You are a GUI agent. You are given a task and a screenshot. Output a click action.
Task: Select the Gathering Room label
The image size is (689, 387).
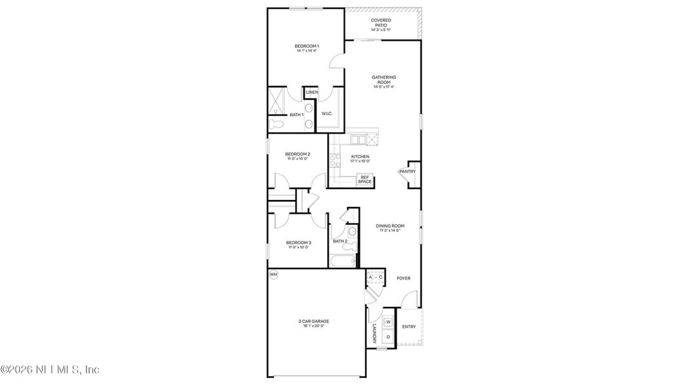tap(384, 80)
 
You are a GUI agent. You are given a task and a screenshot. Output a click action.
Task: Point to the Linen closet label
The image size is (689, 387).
tap(312, 93)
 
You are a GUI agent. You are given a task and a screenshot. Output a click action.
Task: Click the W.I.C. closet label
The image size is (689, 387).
tap(327, 114)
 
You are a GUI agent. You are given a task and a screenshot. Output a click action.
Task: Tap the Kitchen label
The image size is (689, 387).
tap(360, 157)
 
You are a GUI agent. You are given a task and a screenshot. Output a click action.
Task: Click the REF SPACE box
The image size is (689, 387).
tap(365, 180)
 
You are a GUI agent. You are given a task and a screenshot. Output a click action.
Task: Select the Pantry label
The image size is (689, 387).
tap(407, 172)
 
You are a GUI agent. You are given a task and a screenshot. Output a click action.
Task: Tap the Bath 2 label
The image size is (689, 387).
tap(340, 241)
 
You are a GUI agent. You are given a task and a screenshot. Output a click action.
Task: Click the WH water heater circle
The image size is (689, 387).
tap(273, 275)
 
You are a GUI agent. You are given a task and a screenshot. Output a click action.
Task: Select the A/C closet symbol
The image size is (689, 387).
tap(375, 277)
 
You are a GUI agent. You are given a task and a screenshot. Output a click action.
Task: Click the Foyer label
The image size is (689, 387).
tap(404, 278)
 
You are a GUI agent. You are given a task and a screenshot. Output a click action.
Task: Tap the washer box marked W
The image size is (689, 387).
tap(389, 322)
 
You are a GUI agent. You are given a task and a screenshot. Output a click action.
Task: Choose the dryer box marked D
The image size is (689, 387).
tap(389, 337)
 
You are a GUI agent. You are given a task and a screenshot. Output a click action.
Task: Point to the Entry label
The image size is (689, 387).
tap(409, 327)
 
